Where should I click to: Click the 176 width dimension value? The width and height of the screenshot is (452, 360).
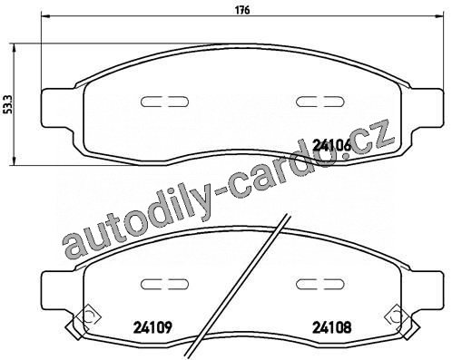click(x=242, y=10)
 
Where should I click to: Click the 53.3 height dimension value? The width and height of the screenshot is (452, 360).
click(x=7, y=104)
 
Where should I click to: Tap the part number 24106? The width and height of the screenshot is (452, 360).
click(x=332, y=145)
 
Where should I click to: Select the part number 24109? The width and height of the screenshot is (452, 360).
click(x=152, y=326)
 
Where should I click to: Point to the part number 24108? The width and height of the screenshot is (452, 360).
click(x=332, y=326)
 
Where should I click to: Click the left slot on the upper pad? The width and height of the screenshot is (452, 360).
click(x=165, y=102)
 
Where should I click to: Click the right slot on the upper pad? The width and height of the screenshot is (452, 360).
click(x=320, y=102)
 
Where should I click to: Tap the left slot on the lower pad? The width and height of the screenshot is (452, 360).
click(x=165, y=284)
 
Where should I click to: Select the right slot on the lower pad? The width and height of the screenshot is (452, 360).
click(x=320, y=284)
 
